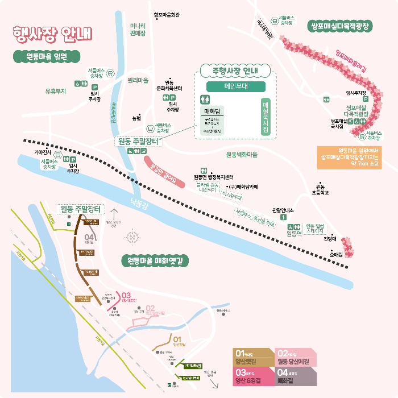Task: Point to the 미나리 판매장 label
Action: click(138, 30)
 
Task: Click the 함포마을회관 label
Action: click(167, 15)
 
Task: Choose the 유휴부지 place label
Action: click(56, 90)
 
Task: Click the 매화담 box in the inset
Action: click(213, 111)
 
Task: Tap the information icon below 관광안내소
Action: click(283, 218)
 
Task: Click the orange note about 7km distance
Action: click(349, 157)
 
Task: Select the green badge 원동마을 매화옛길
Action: click(155, 261)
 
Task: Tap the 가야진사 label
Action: click(43, 152)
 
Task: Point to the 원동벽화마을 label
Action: click(242, 155)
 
